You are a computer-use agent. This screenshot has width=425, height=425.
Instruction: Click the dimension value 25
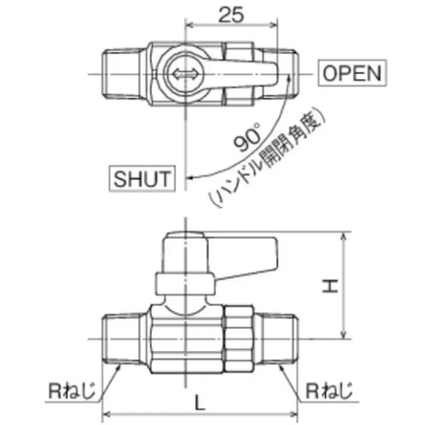click(231, 14)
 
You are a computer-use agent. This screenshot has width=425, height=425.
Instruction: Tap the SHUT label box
click(142, 178)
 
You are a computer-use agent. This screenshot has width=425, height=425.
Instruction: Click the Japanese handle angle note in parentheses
click(268, 160)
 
